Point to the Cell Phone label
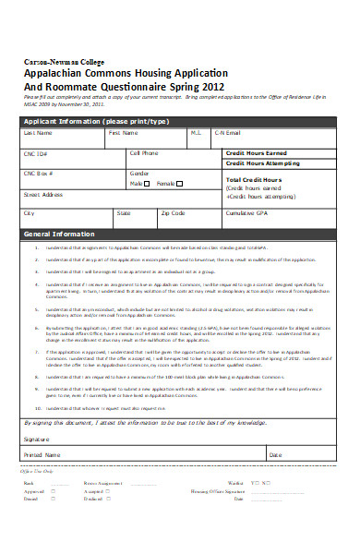tap(144, 152)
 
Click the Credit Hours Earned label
tap(256, 152)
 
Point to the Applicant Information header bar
tap(92, 120)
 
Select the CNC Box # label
tap(40, 173)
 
